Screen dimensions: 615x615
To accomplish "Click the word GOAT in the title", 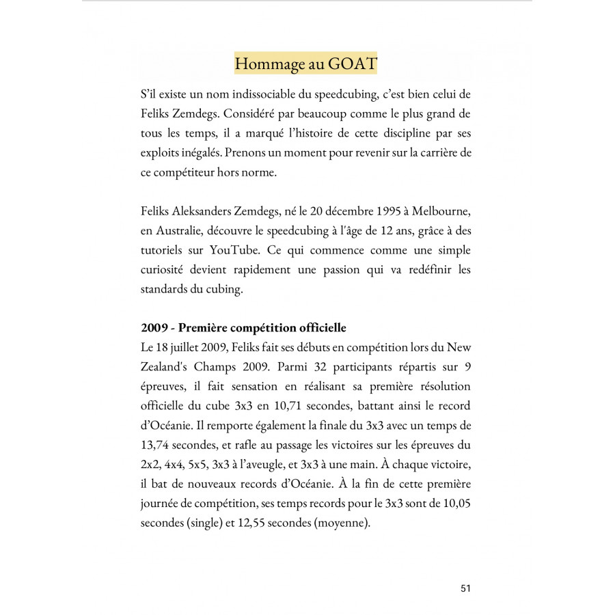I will pos(353,64).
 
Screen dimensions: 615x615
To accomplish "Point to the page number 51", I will pos(465,588).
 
